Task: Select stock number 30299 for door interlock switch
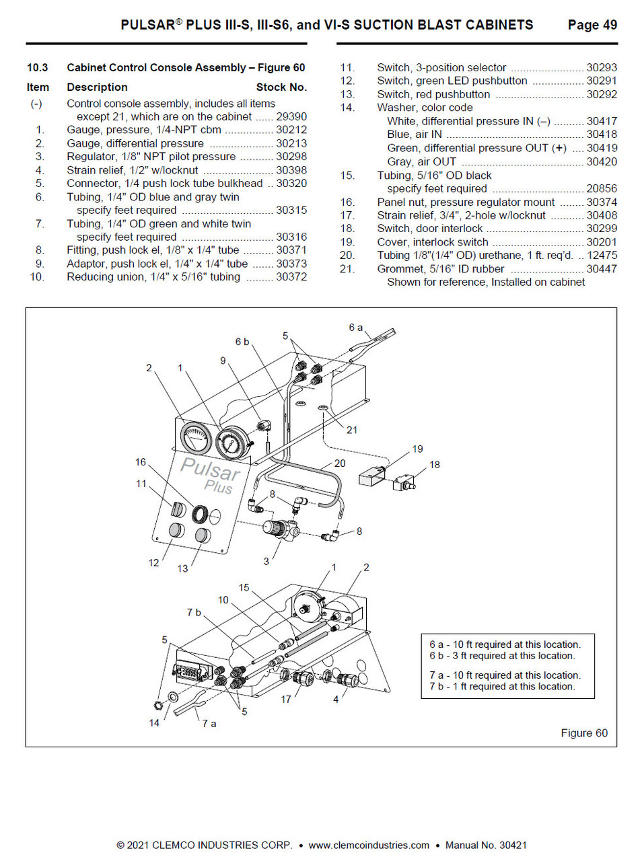click(x=601, y=229)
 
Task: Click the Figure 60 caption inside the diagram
click(x=583, y=733)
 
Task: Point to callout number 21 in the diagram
click(x=352, y=430)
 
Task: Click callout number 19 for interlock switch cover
click(x=417, y=448)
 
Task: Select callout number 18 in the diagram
click(x=434, y=464)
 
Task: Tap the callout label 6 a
click(x=356, y=327)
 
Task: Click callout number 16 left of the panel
click(x=140, y=462)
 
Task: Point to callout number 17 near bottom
click(x=286, y=700)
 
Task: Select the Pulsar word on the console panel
click(x=211, y=467)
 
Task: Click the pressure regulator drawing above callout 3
click(x=277, y=527)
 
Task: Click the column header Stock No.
click(x=281, y=87)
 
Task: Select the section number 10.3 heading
click(x=37, y=67)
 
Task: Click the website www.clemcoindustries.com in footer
click(x=369, y=846)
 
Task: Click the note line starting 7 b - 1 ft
click(x=502, y=687)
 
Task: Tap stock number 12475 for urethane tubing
click(x=601, y=256)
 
